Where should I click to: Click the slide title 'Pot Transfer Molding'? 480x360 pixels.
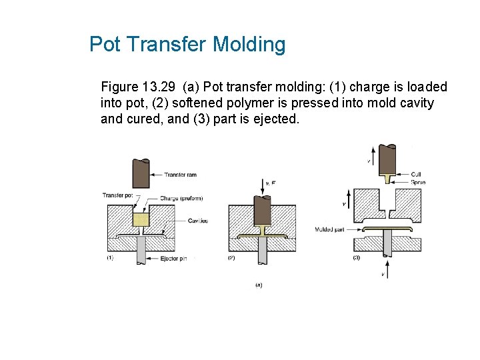(187, 45)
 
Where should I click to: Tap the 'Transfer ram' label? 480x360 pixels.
(181, 175)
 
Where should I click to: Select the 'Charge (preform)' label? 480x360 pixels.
(181, 198)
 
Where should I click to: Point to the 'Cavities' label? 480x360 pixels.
(197, 221)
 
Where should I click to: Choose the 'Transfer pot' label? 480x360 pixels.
(117, 195)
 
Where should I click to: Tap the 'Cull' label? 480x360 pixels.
(416, 175)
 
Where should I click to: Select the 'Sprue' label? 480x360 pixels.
(418, 182)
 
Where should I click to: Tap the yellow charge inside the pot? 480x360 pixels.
(140, 219)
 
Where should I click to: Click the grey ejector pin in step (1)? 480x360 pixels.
(141, 250)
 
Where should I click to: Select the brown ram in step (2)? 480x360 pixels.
(262, 211)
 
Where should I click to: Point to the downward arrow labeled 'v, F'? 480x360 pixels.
(262, 185)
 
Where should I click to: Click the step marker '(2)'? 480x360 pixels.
(231, 258)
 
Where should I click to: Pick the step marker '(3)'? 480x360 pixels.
(356, 258)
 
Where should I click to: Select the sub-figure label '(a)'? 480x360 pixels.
(259, 285)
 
